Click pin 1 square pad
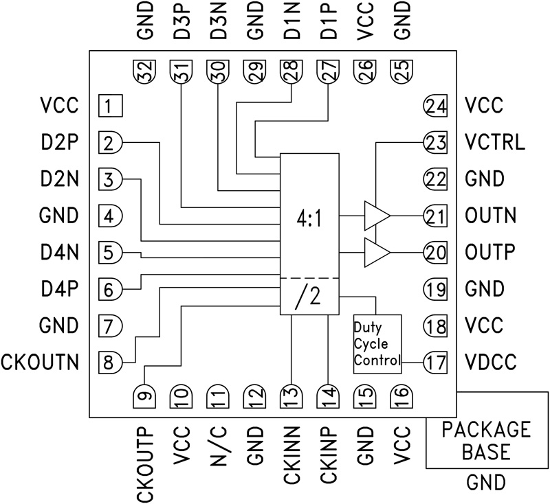pos(109,106)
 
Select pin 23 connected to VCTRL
pos(434,143)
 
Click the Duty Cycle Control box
pos(377,343)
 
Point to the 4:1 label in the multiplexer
pos(309,220)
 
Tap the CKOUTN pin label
pos(41,361)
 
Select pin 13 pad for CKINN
pos(291,396)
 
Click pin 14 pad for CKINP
pos(328,396)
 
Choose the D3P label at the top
pos(181,23)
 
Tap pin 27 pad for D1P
pos(328,70)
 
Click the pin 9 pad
pos(145,396)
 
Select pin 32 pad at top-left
pos(145,70)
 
